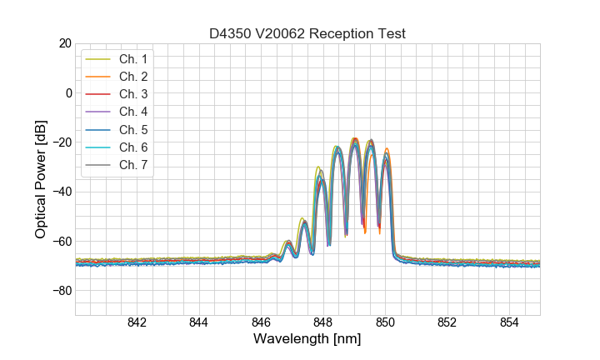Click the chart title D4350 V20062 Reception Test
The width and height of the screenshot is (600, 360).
[307, 33]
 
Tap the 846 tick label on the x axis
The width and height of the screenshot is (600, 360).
[261, 324]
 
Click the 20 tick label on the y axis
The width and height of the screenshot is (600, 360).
[64, 43]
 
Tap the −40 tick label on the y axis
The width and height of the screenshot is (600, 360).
[60, 192]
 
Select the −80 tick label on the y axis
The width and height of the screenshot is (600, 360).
[60, 291]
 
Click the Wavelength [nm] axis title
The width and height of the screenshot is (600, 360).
[307, 340]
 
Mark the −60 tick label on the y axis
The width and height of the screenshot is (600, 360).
[60, 242]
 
